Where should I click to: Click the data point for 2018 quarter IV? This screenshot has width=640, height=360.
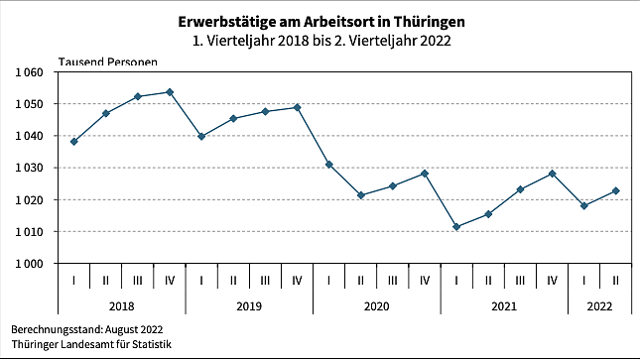tap(170, 92)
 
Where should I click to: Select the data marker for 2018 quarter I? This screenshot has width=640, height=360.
tap(74, 142)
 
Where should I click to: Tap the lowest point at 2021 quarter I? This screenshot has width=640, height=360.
tap(456, 227)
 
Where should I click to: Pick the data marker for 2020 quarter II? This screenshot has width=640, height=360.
tap(361, 195)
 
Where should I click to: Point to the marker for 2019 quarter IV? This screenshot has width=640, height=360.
tap(298, 107)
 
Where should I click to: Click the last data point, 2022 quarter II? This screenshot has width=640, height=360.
tap(615, 190)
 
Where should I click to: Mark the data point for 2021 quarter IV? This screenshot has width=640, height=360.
tap(552, 174)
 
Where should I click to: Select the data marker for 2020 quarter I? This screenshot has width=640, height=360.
tap(329, 165)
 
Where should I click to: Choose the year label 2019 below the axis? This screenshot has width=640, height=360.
tap(249, 306)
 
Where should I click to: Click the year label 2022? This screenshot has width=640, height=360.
tap(599, 306)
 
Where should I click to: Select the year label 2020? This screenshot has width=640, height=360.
tap(377, 306)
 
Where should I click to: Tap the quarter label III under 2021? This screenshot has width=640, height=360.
tap(520, 281)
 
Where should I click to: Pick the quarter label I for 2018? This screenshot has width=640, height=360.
tap(74, 281)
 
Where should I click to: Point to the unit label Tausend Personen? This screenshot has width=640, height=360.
tap(107, 61)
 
